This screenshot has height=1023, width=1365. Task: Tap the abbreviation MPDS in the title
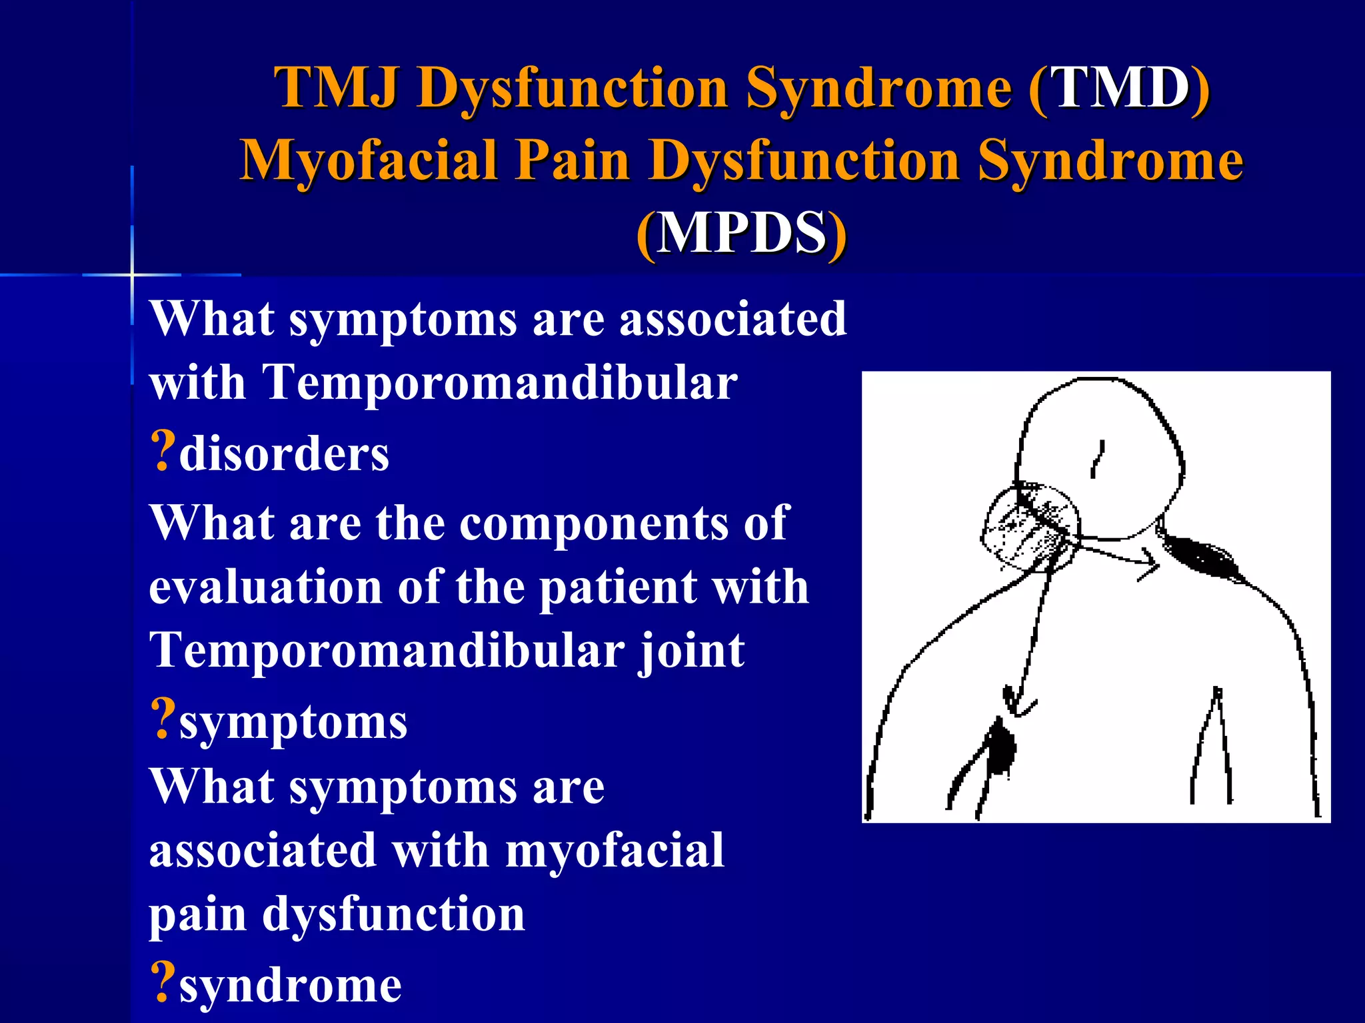[741, 233]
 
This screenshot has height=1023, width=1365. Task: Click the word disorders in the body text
[284, 454]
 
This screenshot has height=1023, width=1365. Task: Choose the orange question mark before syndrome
[162, 982]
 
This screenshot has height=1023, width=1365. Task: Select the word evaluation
[265, 587]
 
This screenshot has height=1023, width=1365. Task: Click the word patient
[617, 587]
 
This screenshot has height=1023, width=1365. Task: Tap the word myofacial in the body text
[615, 851]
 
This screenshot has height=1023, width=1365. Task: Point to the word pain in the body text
[197, 915]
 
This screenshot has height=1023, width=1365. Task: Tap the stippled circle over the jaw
[1030, 526]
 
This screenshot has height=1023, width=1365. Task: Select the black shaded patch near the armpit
[1000, 749]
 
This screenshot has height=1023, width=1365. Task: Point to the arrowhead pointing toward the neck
[1149, 565]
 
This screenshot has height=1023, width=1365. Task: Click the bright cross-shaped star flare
[132, 274]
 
